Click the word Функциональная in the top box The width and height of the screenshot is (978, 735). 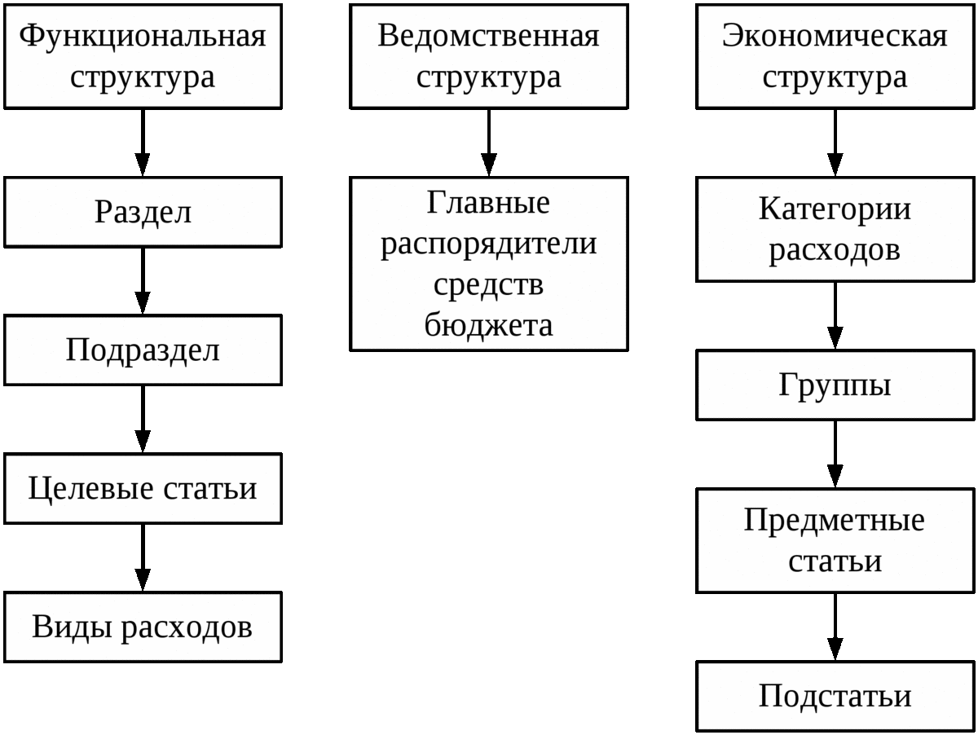coord(143,36)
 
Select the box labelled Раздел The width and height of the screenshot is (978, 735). coord(143,212)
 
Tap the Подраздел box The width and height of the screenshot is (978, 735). coord(143,350)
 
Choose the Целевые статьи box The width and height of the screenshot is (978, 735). coord(143,489)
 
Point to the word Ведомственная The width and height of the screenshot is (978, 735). coord(488,36)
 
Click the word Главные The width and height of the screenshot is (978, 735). coord(488,203)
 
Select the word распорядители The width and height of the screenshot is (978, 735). coord(488,244)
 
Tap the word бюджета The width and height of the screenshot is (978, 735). coord(488,325)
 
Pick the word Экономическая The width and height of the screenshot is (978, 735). coord(835,36)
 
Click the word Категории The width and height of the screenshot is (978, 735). coord(835,209)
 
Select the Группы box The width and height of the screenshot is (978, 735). coord(835,385)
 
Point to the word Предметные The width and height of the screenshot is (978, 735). coord(834,521)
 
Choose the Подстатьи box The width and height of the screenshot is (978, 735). coord(835,696)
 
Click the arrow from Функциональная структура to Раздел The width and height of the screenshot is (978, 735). coord(143,143)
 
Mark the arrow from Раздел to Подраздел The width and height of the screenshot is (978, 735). coord(143,281)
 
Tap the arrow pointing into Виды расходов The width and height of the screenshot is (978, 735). coord(143,558)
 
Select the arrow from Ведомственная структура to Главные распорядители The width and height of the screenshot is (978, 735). coord(489,143)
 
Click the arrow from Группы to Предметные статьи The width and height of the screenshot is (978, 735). coord(835,455)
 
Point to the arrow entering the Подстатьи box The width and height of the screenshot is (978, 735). coord(835,627)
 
